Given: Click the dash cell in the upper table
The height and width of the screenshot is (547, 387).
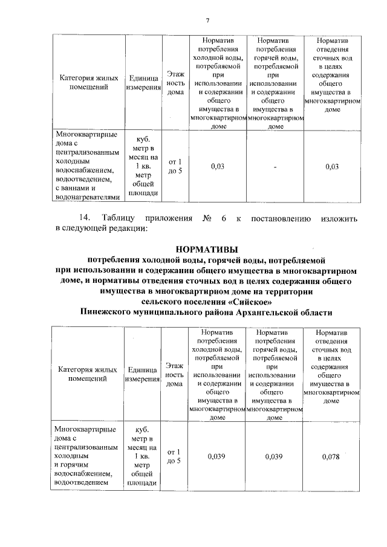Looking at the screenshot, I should (x=275, y=167).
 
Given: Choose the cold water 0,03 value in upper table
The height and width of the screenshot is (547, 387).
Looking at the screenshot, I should (x=217, y=167).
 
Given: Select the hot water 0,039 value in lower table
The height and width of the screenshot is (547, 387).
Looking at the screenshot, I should (x=274, y=456).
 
